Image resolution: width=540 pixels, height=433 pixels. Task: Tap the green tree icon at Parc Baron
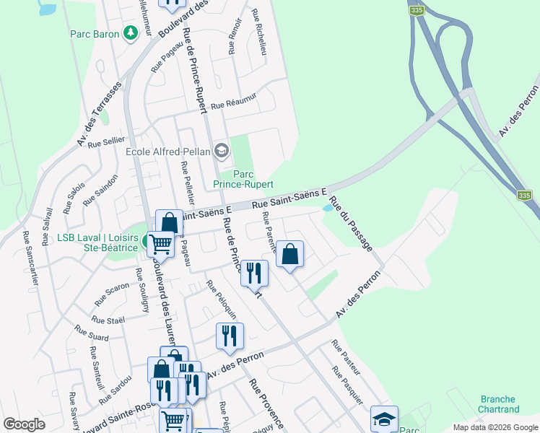pyautogui.click(x=130, y=33)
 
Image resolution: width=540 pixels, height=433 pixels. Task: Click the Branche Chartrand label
pyautogui.click(x=498, y=404)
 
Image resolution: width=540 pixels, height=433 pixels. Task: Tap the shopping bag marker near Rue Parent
pyautogui.click(x=289, y=255)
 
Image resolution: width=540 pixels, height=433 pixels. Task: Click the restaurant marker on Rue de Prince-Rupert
pyautogui.click(x=253, y=273)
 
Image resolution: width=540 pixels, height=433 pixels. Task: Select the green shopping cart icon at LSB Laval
pyautogui.click(x=160, y=244)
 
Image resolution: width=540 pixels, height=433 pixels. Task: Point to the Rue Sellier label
pyautogui.click(x=103, y=141)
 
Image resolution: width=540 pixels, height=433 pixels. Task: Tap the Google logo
pyautogui.click(x=24, y=424)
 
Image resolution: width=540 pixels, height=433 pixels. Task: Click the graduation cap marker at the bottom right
pyautogui.click(x=384, y=419)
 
